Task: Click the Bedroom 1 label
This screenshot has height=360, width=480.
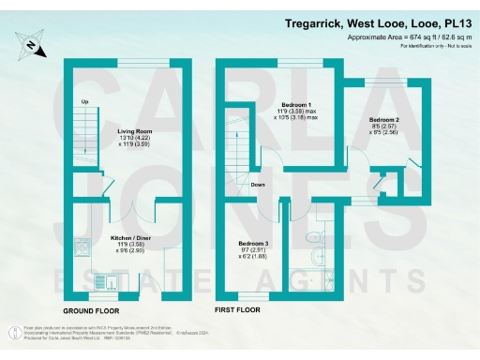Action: click(297, 103)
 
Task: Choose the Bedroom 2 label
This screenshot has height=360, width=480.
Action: click(384, 120)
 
